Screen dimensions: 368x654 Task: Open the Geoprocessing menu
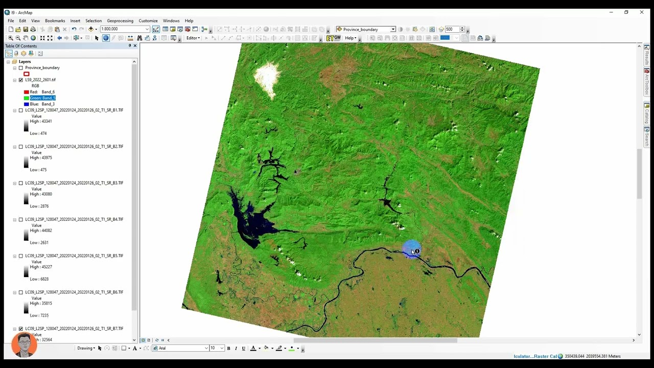(120, 21)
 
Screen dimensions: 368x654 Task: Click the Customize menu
(148, 21)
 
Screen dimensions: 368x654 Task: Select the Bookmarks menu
(55, 21)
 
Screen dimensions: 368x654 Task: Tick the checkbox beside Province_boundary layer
(21, 68)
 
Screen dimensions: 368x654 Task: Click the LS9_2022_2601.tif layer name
(40, 80)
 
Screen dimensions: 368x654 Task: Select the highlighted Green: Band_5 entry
(42, 98)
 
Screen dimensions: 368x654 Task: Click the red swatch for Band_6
(27, 92)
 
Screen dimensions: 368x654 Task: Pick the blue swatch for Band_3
(27, 104)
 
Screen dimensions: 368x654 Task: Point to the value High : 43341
(41, 122)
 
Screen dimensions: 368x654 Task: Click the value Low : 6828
(39, 279)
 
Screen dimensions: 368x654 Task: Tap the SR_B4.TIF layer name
(74, 219)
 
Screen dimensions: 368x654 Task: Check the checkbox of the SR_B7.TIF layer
(21, 329)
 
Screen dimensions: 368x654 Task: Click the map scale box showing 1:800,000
(123, 29)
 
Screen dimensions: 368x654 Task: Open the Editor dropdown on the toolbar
(193, 38)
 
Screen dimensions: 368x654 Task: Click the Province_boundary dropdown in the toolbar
(365, 30)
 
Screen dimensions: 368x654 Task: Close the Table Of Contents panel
(135, 46)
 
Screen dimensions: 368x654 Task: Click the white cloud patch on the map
(267, 77)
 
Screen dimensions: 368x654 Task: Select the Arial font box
(181, 348)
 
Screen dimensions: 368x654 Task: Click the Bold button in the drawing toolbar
(228, 348)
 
